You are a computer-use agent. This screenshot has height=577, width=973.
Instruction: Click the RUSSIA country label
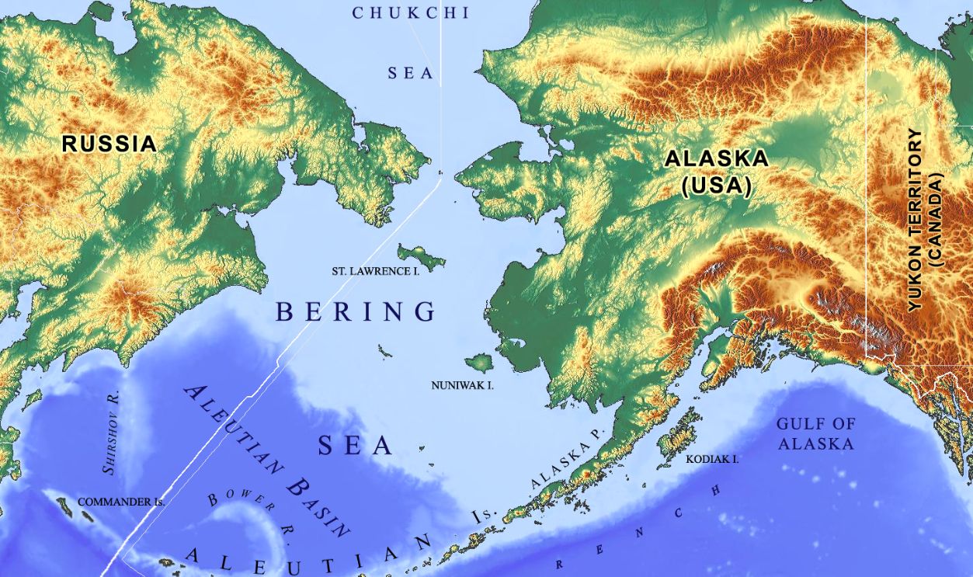click(109, 144)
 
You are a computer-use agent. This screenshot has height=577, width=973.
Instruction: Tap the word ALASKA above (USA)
click(716, 159)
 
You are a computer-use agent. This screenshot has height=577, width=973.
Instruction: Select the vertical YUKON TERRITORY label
click(916, 221)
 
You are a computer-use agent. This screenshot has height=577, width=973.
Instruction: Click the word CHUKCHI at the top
click(411, 13)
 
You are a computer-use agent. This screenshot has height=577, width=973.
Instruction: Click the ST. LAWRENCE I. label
click(375, 271)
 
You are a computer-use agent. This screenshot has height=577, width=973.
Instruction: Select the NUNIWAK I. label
click(463, 384)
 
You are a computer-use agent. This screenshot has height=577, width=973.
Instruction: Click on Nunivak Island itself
click(479, 362)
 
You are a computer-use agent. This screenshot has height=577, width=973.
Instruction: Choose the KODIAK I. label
click(712, 459)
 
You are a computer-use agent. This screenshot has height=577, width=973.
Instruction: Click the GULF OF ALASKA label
click(815, 434)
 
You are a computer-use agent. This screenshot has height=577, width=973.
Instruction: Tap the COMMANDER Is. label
click(121, 502)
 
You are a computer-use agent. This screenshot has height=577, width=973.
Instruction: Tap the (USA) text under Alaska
click(716, 186)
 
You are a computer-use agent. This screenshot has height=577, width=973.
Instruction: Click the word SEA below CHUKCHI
click(411, 73)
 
